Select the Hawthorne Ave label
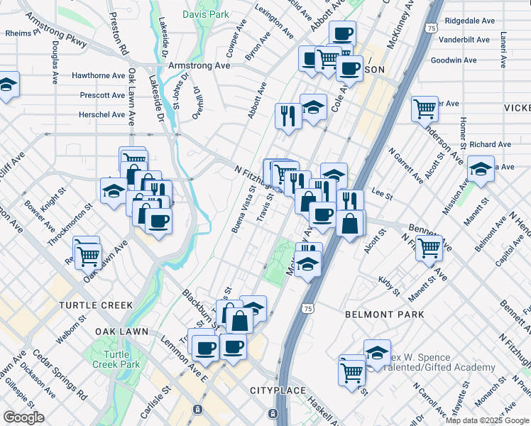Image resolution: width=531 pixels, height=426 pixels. coord(99,75)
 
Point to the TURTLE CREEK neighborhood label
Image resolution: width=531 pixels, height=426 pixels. coord(96,305)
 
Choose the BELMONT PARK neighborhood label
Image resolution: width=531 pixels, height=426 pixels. coord(384,314)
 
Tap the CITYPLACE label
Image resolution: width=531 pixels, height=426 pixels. coord(277,391)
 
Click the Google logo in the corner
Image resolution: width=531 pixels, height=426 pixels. coord(23,417)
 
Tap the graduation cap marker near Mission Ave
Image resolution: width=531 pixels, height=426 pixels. coord(481,170)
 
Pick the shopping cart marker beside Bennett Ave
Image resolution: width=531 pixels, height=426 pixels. coord(429,248)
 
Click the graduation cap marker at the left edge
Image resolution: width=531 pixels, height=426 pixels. coord(7,85)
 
